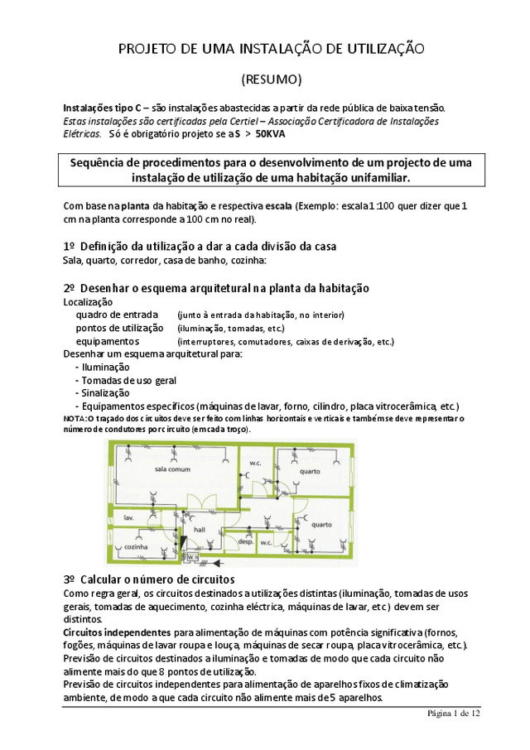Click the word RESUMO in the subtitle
(x=271, y=80)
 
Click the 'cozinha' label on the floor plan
(x=136, y=547)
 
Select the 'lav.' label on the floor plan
(x=129, y=517)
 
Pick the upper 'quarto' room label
(x=310, y=471)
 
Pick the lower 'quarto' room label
(x=321, y=523)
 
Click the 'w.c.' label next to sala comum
(x=256, y=463)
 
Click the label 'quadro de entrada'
(x=111, y=315)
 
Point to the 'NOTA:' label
(x=75, y=419)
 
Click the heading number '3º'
(x=70, y=579)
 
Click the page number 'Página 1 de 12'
(x=453, y=713)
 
